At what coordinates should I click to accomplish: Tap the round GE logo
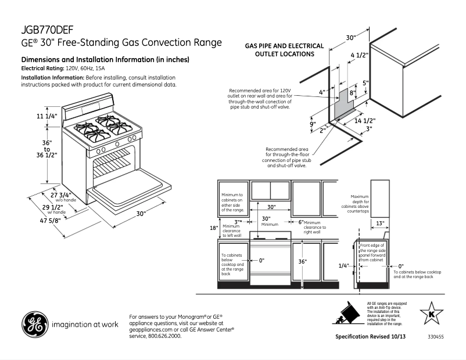click(35, 325)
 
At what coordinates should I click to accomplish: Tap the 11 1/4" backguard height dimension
click(47, 116)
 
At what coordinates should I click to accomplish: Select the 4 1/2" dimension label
click(359, 55)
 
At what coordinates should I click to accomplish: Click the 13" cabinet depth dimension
click(379, 224)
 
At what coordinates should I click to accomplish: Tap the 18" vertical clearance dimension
click(213, 228)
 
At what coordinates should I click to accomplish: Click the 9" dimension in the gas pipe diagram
click(312, 124)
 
